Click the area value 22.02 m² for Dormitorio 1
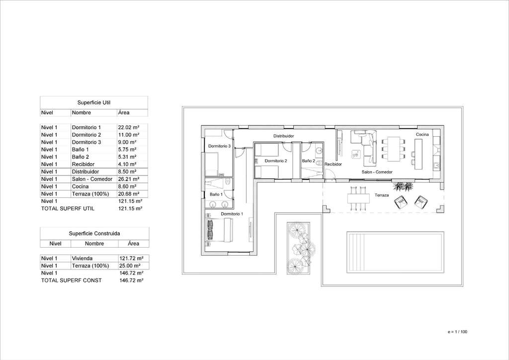tap(129, 127)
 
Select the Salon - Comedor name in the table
tap(92, 179)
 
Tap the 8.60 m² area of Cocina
tap(127, 186)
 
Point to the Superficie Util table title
tap(94, 102)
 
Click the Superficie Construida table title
tap(94, 233)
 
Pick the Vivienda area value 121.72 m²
tap(131, 258)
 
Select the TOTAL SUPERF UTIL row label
tap(68, 208)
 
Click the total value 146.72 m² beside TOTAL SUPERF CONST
tap(131, 280)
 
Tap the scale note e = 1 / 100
tap(457, 332)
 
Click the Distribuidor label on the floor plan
tap(283, 136)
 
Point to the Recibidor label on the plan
tap(333, 164)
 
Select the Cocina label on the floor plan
tap(423, 134)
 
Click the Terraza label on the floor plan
tap(381, 195)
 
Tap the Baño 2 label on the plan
tap(308, 161)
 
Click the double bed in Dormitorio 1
tap(219, 230)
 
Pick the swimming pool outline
tap(395, 252)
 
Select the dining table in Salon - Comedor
tap(394, 149)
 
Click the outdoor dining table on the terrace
tap(358, 198)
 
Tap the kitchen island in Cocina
tap(418, 154)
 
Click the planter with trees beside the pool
tap(298, 248)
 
